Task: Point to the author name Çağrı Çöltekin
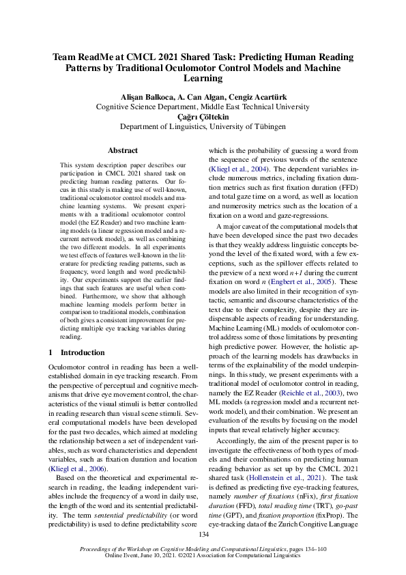pos(203,117)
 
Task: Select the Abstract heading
pos(123,150)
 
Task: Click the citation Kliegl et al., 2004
pos(235,169)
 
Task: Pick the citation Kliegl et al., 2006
pos(75,451)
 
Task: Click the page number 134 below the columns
pos(203,534)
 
